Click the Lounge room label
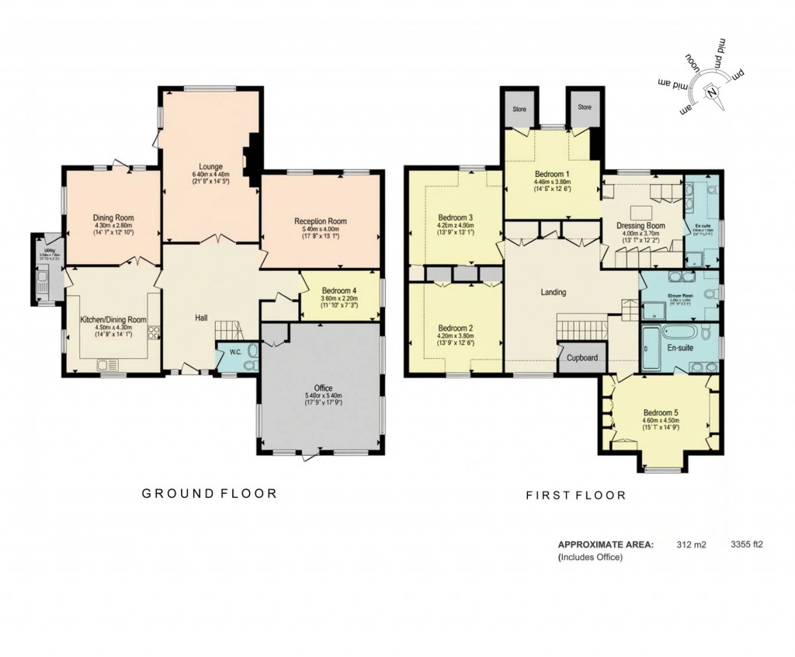click(x=210, y=166)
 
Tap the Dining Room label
click(x=114, y=217)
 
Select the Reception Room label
click(x=320, y=221)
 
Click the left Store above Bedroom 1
click(x=519, y=109)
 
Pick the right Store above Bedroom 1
click(x=584, y=107)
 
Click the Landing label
click(x=553, y=293)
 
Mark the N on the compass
click(x=710, y=92)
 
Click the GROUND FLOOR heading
click(x=208, y=493)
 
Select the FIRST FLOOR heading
click(x=575, y=495)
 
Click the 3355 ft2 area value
click(x=748, y=544)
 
